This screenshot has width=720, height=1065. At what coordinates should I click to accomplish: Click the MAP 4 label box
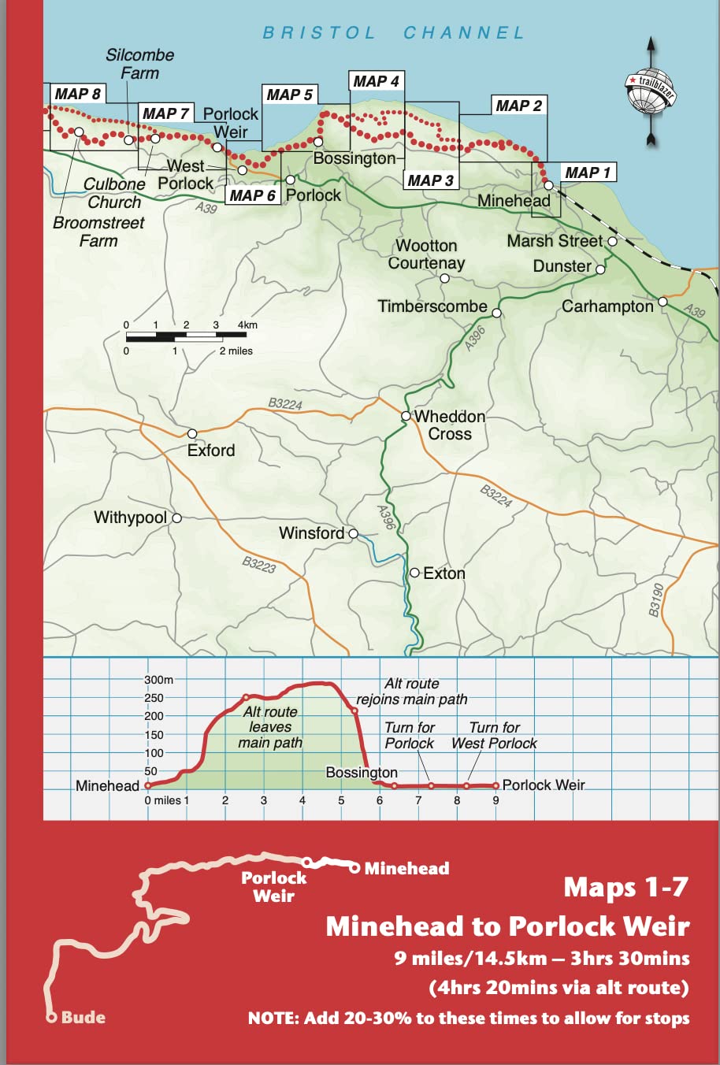pyautogui.click(x=376, y=81)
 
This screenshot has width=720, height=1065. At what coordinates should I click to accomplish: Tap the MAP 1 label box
pyautogui.click(x=588, y=173)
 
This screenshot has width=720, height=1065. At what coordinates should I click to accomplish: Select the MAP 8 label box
pyautogui.click(x=77, y=94)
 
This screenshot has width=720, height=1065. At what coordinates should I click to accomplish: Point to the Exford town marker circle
pyautogui.click(x=192, y=434)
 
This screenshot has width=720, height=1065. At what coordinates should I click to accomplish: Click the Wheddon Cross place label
pyautogui.click(x=450, y=425)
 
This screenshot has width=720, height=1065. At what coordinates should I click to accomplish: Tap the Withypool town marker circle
pyautogui.click(x=177, y=518)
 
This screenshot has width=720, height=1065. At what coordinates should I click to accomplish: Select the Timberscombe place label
pyautogui.click(x=432, y=306)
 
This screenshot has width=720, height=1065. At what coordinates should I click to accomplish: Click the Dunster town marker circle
pyautogui.click(x=600, y=269)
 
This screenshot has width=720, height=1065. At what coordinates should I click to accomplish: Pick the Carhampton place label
pyautogui.click(x=607, y=306)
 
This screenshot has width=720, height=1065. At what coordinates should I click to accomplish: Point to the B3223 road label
pyautogui.click(x=258, y=564)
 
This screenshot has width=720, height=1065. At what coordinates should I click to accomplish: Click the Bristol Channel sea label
pyautogui.click(x=393, y=33)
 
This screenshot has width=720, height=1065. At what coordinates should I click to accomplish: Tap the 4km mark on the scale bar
pyautogui.click(x=247, y=325)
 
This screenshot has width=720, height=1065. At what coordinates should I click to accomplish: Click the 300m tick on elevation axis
pyautogui.click(x=158, y=680)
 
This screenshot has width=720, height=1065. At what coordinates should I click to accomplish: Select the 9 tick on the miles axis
pyautogui.click(x=495, y=800)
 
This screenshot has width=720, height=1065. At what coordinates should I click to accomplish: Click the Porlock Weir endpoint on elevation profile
pyautogui.click(x=496, y=785)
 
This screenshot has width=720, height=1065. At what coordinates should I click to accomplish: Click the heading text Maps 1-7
pyautogui.click(x=625, y=888)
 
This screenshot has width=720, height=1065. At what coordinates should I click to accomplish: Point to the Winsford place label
pyautogui.click(x=311, y=533)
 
